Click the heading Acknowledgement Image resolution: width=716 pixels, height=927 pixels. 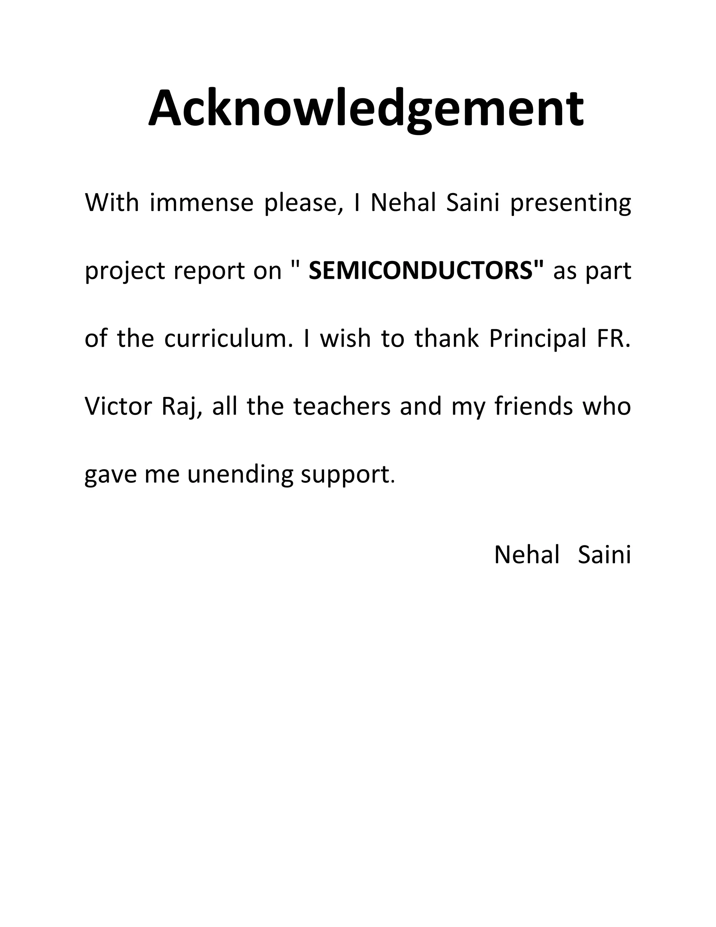coord(366,109)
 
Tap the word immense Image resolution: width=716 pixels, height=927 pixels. coord(201,203)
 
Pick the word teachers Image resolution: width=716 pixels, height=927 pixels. coord(342,406)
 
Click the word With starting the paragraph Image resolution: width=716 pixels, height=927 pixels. coord(112,203)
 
